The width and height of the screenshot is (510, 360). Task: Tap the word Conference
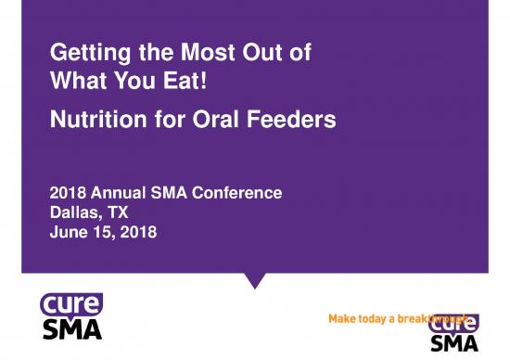click(x=240, y=193)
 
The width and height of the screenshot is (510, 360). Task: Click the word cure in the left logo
click(x=70, y=303)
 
